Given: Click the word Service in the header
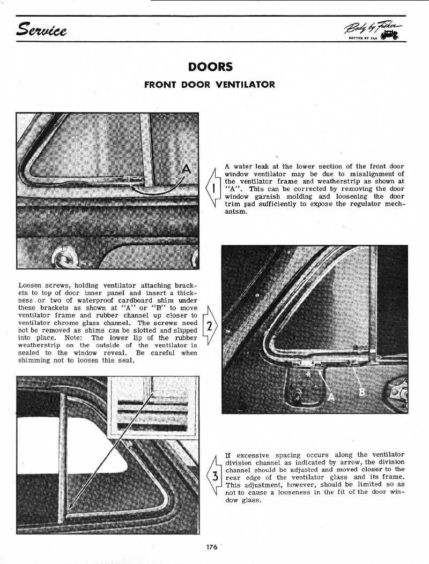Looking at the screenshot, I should pos(42,29).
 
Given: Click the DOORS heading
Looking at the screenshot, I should pos(210,67).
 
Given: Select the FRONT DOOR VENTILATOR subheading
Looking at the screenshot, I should pos(210,85).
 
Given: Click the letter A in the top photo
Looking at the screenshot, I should pos(186,169).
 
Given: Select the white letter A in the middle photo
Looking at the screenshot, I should pos(331,396).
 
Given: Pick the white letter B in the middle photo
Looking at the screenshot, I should pos(362,392).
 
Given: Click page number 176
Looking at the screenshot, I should pos(211,547).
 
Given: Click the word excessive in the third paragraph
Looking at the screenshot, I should pos(255,455).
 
